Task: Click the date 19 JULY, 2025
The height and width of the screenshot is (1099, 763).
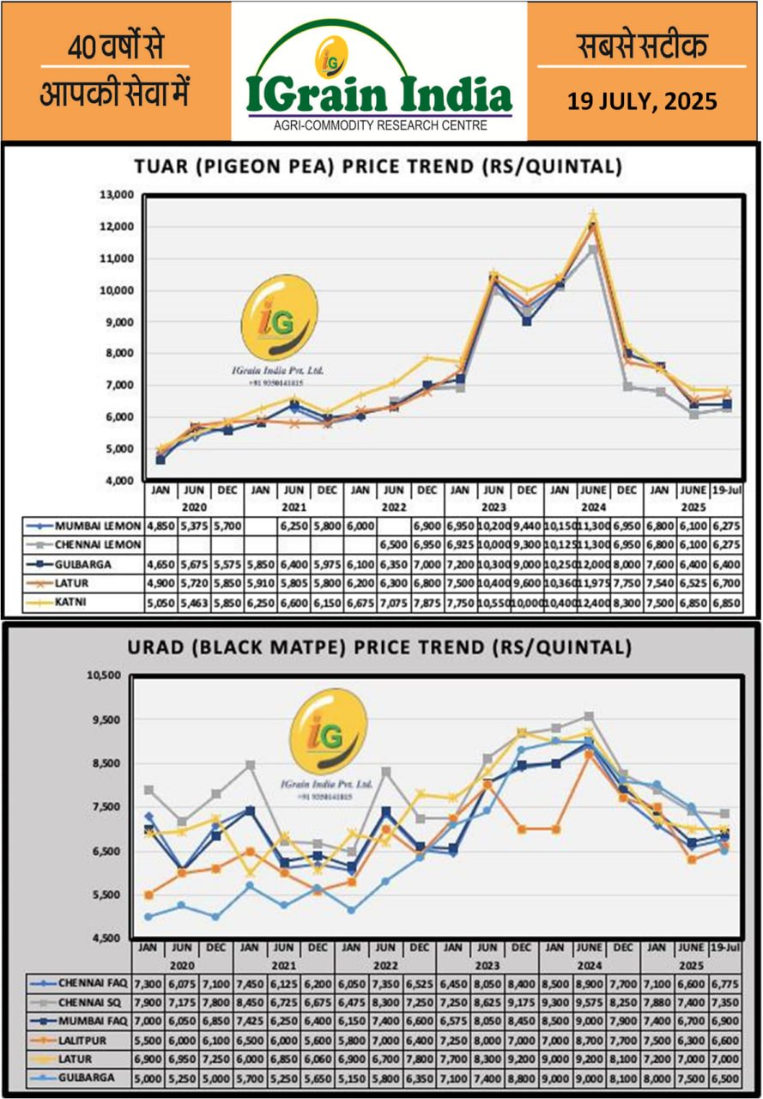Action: [642, 101]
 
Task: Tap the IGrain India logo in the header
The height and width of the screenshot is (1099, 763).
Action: [378, 82]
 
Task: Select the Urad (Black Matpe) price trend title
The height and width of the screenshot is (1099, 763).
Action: [378, 646]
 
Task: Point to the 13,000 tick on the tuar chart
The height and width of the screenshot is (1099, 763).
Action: [116, 195]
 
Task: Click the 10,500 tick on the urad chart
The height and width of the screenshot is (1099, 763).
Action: [108, 676]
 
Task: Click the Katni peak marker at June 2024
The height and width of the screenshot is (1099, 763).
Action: [593, 215]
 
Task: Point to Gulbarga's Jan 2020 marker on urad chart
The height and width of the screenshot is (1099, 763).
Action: [149, 916]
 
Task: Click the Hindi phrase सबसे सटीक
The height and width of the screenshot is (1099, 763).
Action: [642, 46]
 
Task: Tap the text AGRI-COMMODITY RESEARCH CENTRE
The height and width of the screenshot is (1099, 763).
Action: [378, 125]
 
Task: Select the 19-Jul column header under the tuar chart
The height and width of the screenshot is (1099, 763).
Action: [727, 489]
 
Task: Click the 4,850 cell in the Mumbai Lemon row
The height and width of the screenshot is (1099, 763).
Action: [160, 524]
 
